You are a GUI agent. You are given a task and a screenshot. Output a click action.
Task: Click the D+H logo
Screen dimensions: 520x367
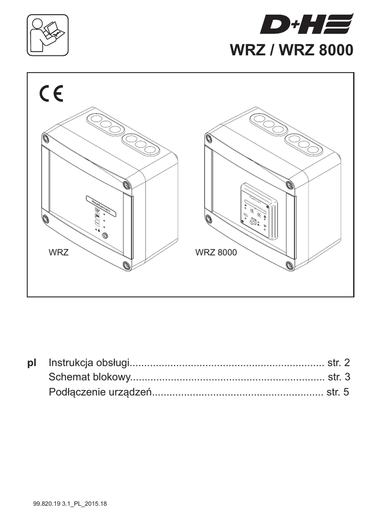pyautogui.click(x=306, y=24)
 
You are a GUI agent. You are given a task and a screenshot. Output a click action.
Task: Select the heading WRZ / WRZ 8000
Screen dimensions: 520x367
pyautogui.click(x=291, y=51)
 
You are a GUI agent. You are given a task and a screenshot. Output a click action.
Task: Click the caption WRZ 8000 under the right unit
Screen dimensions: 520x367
pyautogui.click(x=216, y=252)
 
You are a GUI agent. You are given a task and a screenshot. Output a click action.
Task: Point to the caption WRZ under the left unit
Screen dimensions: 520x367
pyautogui.click(x=58, y=252)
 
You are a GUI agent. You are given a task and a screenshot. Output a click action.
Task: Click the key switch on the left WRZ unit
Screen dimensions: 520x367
pyautogui.click(x=105, y=236)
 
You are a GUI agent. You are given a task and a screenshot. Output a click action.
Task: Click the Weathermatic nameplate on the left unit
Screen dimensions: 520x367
pyautogui.click(x=102, y=204)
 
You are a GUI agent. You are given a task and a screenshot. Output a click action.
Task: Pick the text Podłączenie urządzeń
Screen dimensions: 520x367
pyautogui.click(x=101, y=392)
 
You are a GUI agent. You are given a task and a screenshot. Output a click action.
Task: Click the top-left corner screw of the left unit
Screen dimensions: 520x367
pyautogui.click(x=46, y=137)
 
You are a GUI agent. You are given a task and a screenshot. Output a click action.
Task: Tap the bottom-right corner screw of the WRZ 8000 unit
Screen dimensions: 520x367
pyautogui.click(x=289, y=265)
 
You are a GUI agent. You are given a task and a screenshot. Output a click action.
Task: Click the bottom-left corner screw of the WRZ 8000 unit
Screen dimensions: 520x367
pyautogui.click(x=209, y=219)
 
